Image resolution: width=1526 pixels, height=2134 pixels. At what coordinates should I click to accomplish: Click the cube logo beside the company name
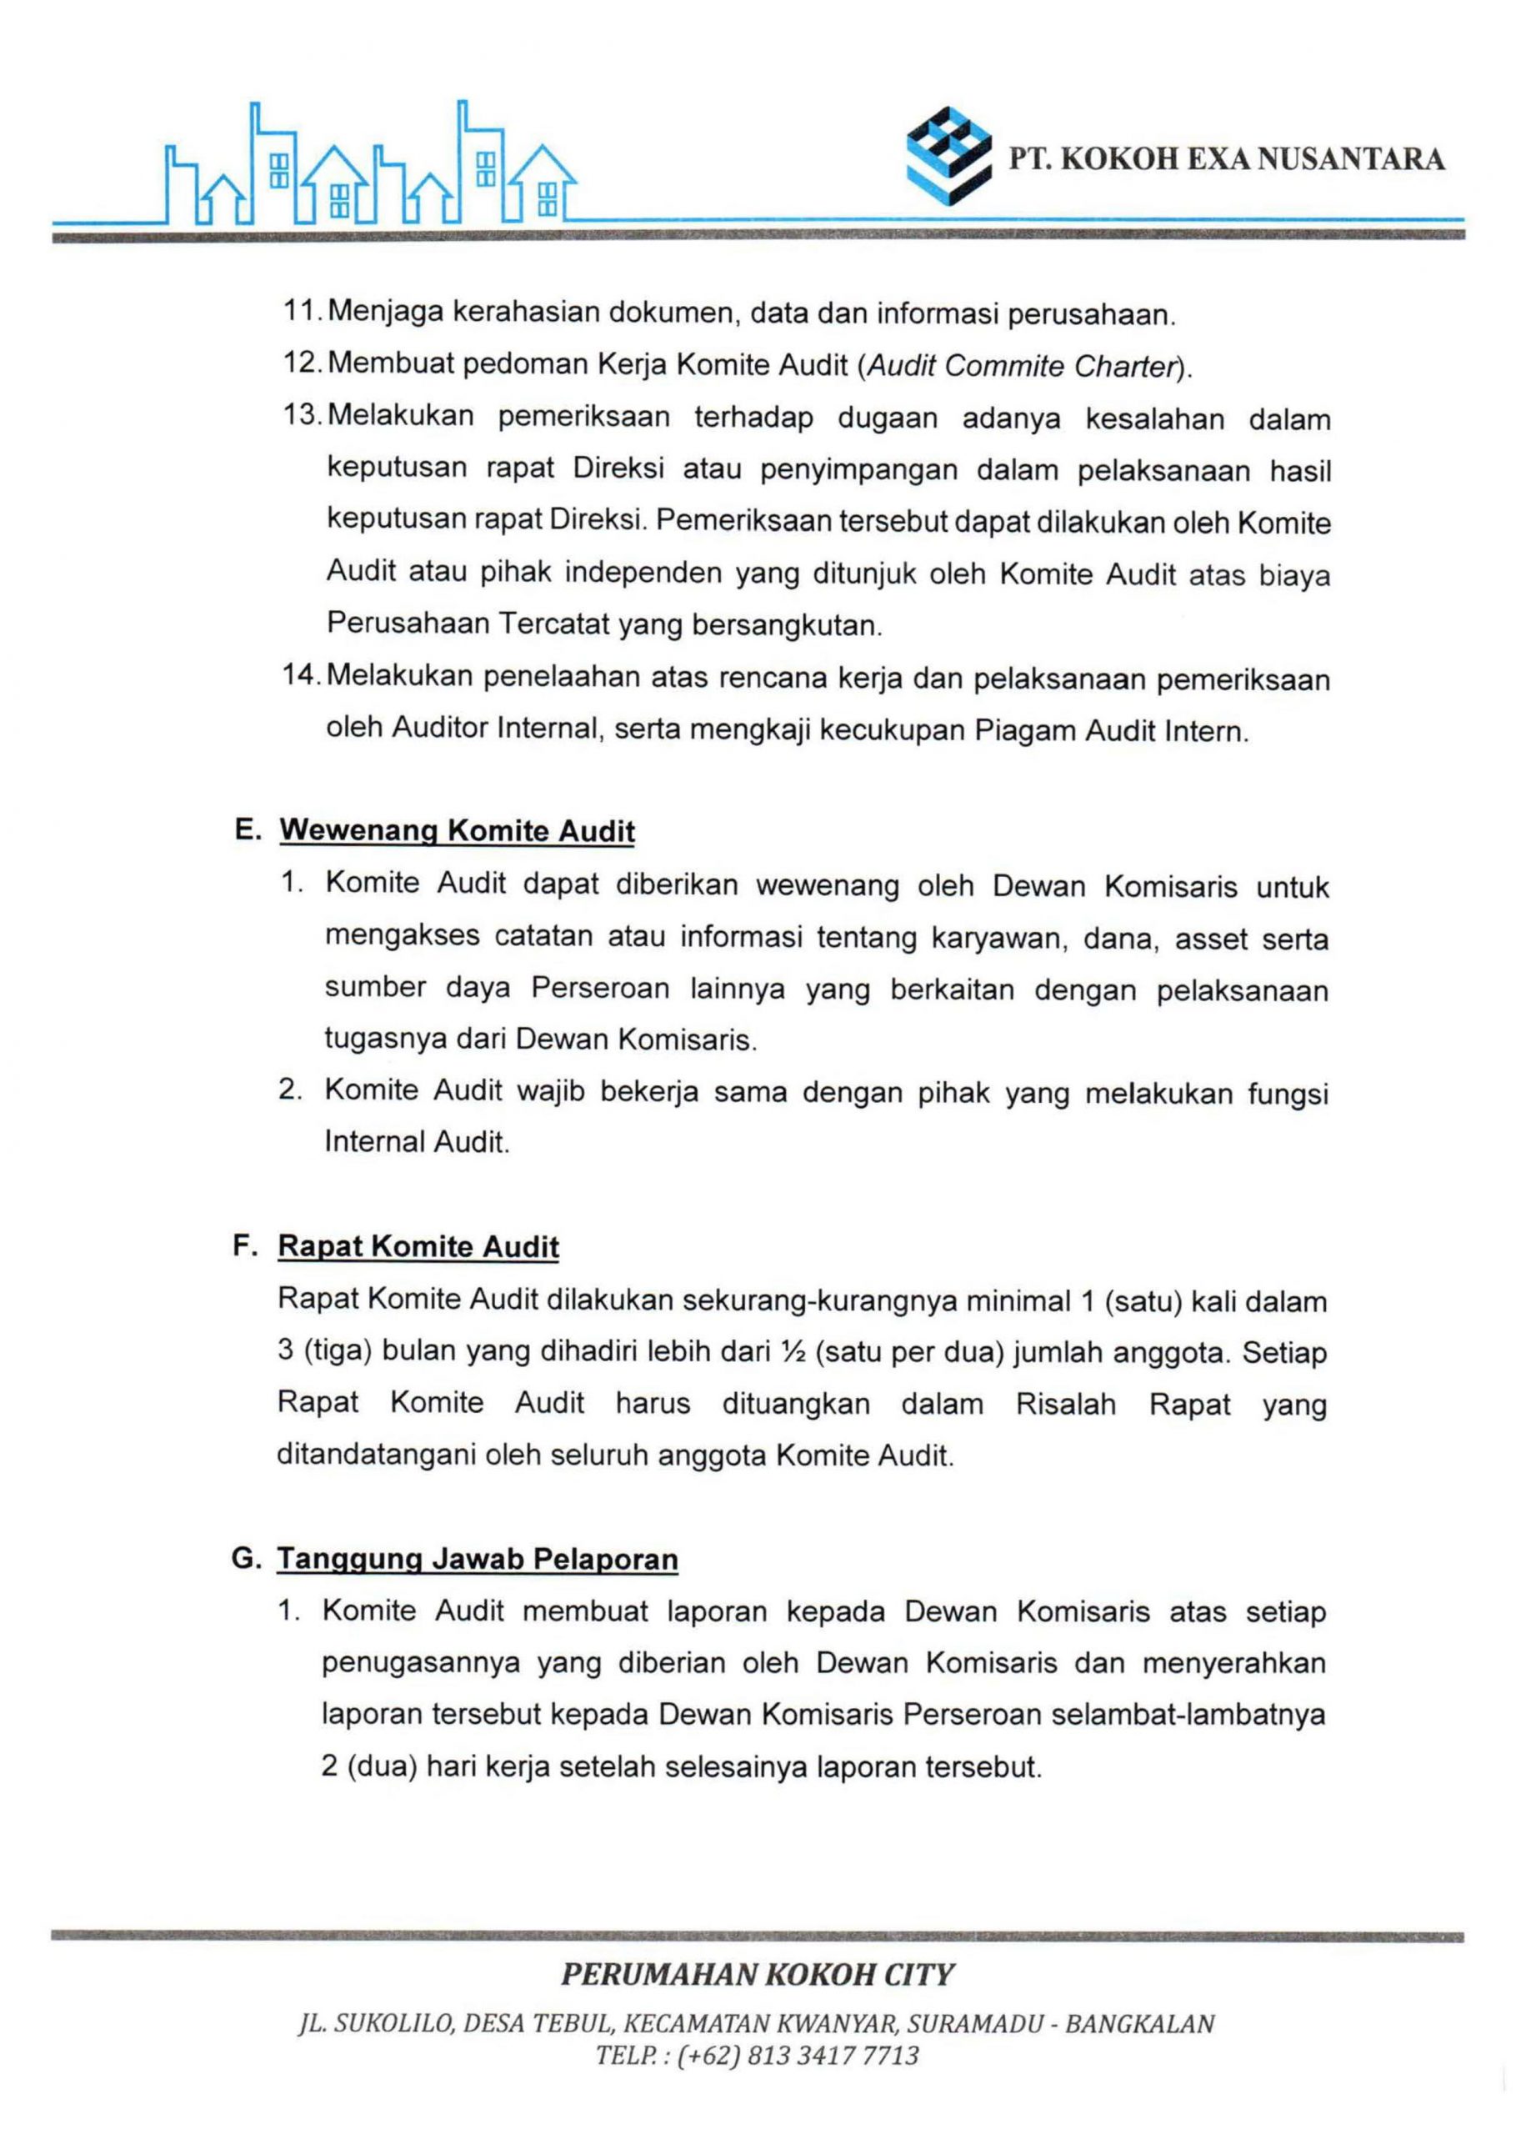(948, 155)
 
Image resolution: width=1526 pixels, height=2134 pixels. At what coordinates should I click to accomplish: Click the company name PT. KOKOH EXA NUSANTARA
(1227, 160)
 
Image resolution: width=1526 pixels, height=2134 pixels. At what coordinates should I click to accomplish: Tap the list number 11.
(303, 312)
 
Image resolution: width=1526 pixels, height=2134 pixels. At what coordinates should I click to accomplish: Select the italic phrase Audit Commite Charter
(1023, 366)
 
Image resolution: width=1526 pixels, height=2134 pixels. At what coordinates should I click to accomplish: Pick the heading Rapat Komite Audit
(418, 1247)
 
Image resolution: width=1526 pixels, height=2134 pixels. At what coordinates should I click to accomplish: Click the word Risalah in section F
(1066, 1405)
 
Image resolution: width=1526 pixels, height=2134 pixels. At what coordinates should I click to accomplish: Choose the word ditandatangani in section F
(376, 1455)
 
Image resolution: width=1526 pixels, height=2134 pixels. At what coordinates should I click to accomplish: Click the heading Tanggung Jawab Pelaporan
(478, 1560)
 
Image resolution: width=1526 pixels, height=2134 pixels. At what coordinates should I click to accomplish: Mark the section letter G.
(246, 1560)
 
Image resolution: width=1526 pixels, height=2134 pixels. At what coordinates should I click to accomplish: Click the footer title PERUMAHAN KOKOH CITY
(758, 1975)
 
